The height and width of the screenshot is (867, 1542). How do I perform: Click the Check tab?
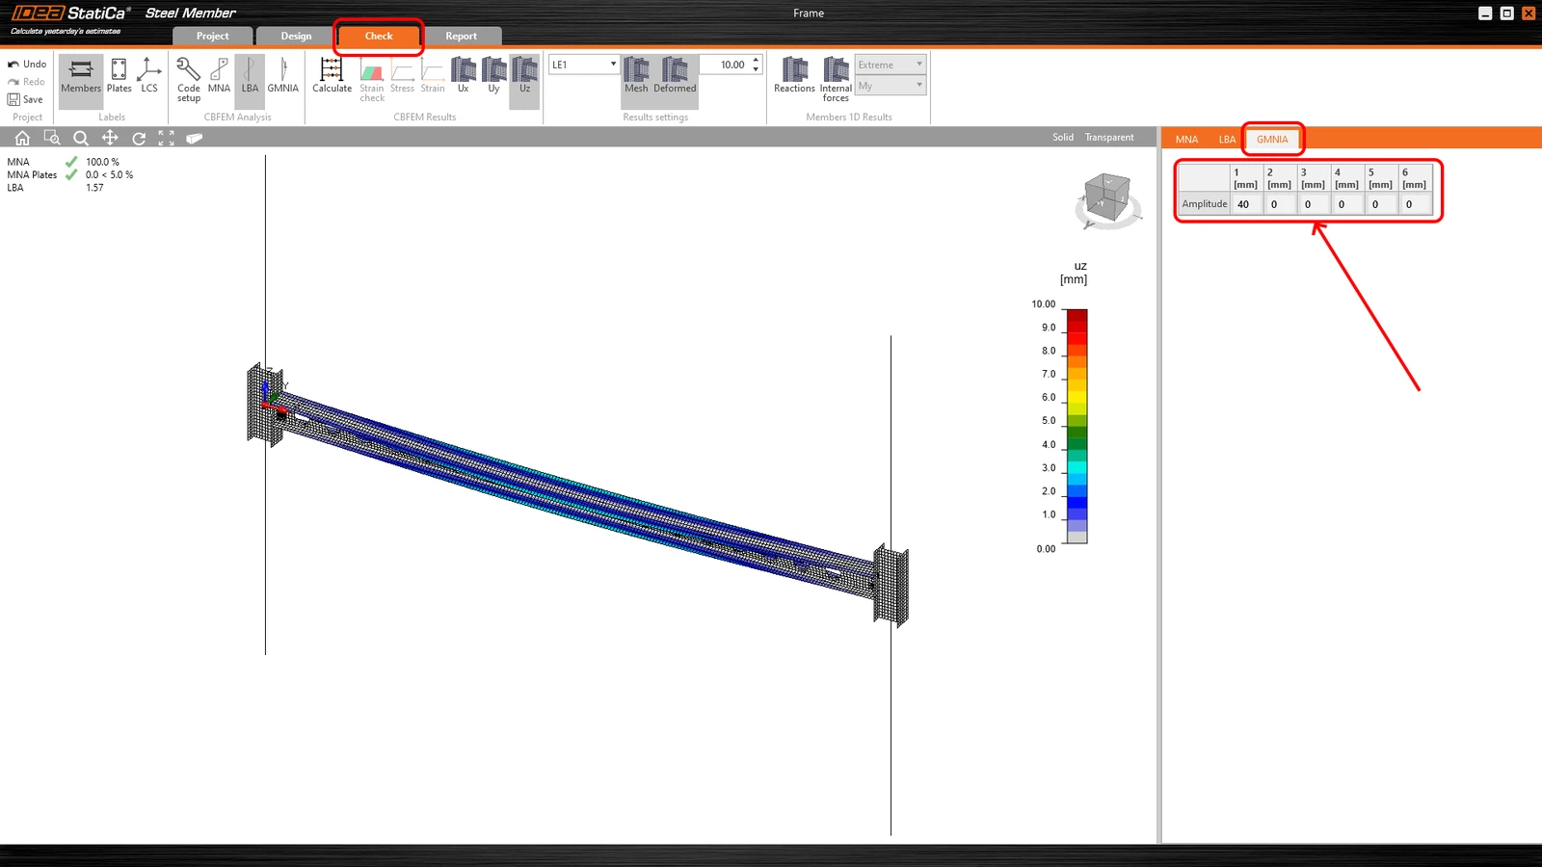(379, 36)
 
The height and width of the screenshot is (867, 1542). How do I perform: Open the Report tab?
(461, 36)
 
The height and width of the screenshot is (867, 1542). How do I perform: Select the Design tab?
(296, 36)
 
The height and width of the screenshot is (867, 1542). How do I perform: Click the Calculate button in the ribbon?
(332, 76)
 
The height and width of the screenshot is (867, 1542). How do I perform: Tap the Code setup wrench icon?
(188, 69)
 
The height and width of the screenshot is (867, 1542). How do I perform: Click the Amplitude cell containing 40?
(1245, 203)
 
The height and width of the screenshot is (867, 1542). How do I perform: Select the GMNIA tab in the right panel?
(1271, 139)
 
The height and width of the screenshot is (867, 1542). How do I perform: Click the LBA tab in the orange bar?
(1227, 139)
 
